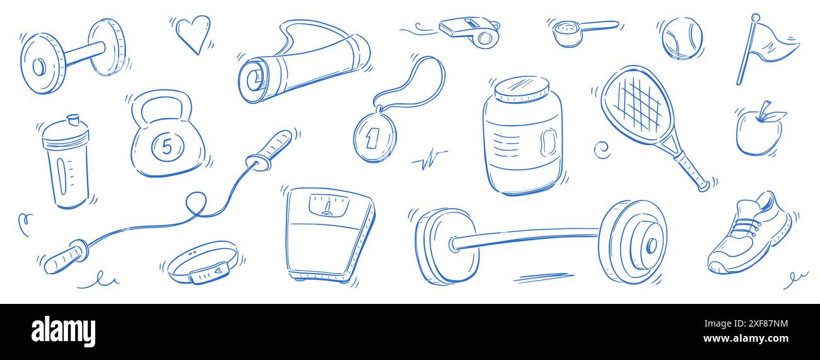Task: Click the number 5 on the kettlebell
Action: pos(167,146)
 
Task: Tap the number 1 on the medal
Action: pos(372,137)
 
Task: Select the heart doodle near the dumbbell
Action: pos(192,33)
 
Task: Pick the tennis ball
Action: pos(681,38)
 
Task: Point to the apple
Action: pos(758,132)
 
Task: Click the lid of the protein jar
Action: pos(521,90)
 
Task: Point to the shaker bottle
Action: pos(66,162)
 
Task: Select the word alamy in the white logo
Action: pos(64,332)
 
